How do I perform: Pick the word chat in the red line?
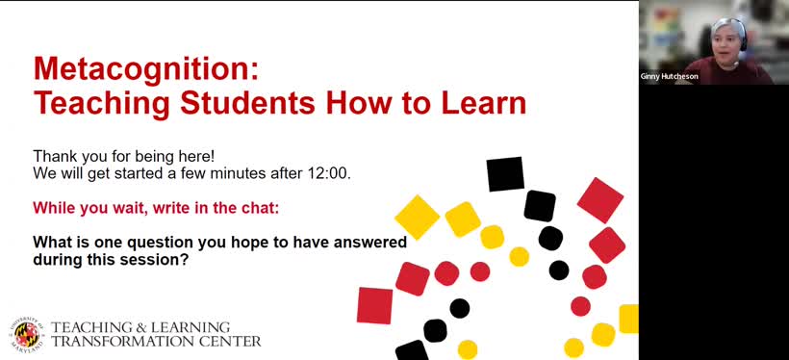[236, 207]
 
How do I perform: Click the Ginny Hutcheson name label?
[670, 76]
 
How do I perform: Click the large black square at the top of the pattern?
[505, 174]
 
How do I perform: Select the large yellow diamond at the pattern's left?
[417, 217]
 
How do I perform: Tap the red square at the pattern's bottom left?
[375, 305]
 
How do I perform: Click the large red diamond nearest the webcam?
[600, 200]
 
